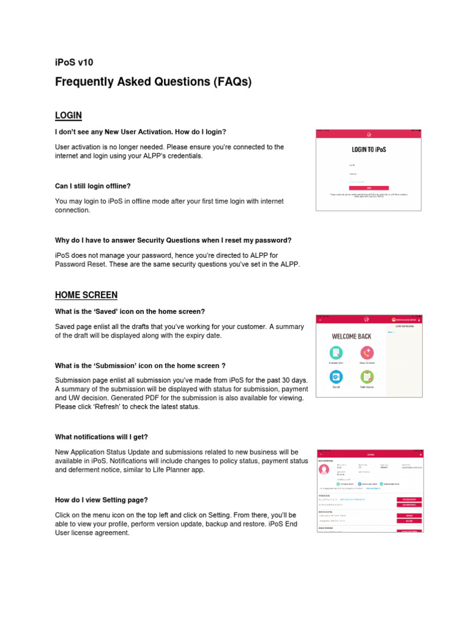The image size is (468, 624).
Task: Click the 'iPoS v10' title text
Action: pyautogui.click(x=74, y=62)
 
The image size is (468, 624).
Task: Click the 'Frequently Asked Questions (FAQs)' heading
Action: pyautogui.click(x=153, y=82)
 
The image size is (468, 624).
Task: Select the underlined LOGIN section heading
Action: pyautogui.click(x=68, y=115)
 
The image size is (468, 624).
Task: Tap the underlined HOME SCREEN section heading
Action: pyautogui.click(x=86, y=295)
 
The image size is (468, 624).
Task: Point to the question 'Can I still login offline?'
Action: pyautogui.click(x=93, y=186)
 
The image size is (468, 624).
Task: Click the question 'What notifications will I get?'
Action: pyautogui.click(x=101, y=437)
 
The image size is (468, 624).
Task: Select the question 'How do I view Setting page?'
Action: pyautogui.click(x=101, y=500)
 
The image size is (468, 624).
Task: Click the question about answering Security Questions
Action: pyautogui.click(x=173, y=240)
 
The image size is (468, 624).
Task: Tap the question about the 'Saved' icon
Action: pyautogui.click(x=130, y=311)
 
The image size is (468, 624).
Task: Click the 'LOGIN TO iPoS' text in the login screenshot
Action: pyautogui.click(x=369, y=149)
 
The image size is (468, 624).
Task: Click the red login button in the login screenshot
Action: pyautogui.click(x=369, y=188)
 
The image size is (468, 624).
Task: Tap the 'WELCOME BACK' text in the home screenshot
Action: pyautogui.click(x=352, y=336)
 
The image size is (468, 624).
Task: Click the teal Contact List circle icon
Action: pyautogui.click(x=336, y=352)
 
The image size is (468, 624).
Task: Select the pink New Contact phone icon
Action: pyautogui.click(x=366, y=352)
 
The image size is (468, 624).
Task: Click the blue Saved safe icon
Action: pyautogui.click(x=336, y=377)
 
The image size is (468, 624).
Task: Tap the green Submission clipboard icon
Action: pyautogui.click(x=366, y=377)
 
